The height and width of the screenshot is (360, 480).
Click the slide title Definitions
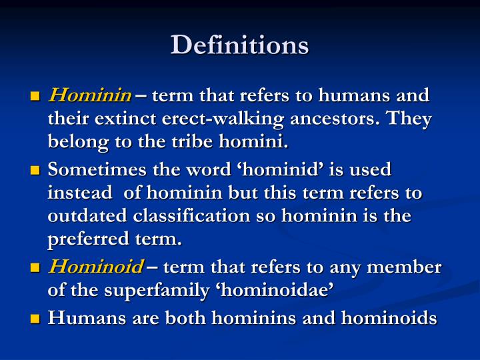240,45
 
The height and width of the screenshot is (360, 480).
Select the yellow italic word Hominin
89,95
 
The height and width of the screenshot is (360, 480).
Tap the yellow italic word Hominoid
95,267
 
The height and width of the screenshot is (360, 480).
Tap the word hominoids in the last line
389,319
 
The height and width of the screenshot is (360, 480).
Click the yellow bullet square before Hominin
35,97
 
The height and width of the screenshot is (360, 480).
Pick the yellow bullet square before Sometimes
35,171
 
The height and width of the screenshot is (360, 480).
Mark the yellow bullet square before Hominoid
35,269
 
